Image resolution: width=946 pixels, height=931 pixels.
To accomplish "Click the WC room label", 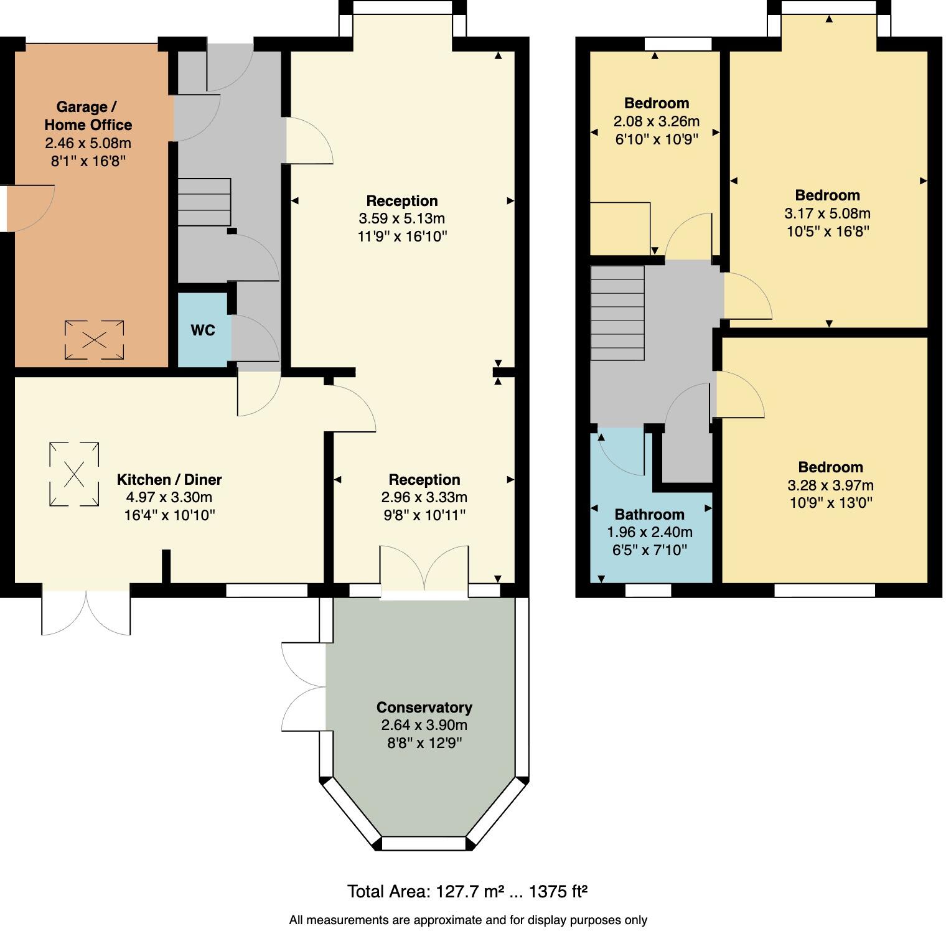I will [203, 330].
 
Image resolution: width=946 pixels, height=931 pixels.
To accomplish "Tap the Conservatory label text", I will [424, 708].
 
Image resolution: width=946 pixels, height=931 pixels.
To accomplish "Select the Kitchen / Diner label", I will [169, 480].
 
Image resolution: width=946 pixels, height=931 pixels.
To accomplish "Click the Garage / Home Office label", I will [88, 116].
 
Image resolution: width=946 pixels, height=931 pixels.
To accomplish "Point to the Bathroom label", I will [649, 515].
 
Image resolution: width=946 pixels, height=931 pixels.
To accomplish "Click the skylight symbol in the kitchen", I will [74, 474].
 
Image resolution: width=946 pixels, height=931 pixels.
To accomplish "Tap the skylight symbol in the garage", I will [94, 340].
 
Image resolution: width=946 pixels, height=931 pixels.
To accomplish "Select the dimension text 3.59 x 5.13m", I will [401, 219].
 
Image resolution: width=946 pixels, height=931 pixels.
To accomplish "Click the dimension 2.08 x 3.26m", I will [656, 121].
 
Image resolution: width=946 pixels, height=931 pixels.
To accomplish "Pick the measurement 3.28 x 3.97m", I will [830, 485].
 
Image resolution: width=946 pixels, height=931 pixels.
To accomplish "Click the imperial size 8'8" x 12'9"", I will [424, 743].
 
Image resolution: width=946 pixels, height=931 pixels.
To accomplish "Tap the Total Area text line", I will [467, 892].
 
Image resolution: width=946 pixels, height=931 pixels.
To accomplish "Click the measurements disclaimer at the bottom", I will [468, 920].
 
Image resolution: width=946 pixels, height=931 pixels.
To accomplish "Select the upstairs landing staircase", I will [617, 312].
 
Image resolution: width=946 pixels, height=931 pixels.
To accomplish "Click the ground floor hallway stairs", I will [204, 202].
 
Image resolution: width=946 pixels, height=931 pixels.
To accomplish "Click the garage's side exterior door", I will [28, 208].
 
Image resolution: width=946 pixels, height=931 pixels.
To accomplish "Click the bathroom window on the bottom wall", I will [648, 591].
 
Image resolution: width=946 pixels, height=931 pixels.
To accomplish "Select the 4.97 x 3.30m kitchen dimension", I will [169, 497].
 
